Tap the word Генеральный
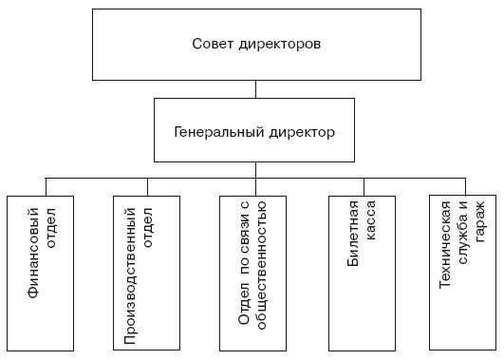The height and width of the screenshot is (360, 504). coord(220,132)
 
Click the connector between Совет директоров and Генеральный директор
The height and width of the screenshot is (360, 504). coord(254,88)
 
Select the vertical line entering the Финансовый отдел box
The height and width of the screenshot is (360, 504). coord(45,185)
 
